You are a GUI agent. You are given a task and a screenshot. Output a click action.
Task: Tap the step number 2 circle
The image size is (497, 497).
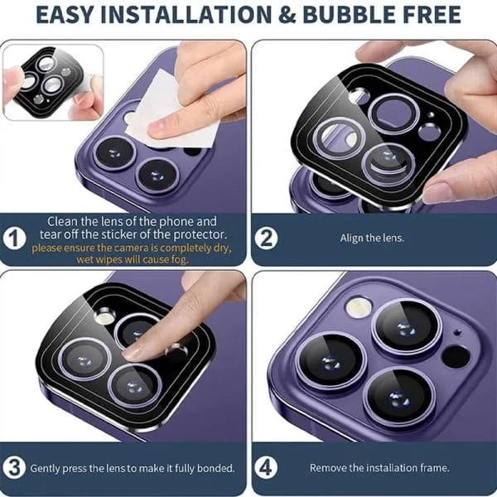266,238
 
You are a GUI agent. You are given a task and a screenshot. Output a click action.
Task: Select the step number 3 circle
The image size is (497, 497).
14,467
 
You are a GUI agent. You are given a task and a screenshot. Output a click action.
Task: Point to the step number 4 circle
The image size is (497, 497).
266,467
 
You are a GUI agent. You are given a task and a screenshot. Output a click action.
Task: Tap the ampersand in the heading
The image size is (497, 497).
287,15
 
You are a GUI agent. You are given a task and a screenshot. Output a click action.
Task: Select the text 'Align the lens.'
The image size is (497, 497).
372,238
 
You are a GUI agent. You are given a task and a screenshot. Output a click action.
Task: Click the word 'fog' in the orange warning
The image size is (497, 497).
181,259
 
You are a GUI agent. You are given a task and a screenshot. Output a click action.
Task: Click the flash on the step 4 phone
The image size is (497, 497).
359,306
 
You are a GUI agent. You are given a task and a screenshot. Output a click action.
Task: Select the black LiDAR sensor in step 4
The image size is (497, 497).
456,356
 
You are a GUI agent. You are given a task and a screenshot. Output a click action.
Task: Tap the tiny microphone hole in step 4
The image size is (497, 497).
457,332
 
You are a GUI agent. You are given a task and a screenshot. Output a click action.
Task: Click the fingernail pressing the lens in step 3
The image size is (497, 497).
133,352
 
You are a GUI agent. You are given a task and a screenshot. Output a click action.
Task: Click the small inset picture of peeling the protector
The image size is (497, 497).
53,82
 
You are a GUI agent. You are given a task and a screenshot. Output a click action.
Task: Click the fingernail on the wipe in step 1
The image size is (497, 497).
158,128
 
